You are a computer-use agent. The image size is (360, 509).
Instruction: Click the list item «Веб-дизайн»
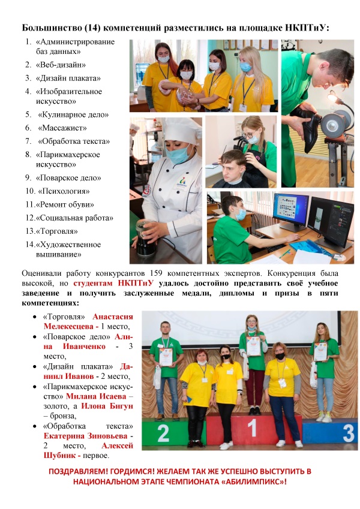pyautogui.click(x=61, y=65)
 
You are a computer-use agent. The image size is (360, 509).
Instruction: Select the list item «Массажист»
pyautogui.click(x=63, y=128)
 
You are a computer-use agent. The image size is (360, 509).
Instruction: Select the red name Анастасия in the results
pyautogui.click(x=113, y=316)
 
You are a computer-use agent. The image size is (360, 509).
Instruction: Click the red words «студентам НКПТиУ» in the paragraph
pyautogui.click(x=114, y=283)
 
